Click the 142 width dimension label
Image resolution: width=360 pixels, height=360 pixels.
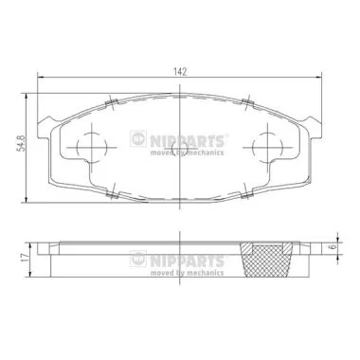[180, 72]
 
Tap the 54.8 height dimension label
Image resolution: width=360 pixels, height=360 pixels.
[21, 143]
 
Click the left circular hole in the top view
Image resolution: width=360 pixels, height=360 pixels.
[77, 148]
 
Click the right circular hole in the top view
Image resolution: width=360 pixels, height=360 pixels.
[253, 148]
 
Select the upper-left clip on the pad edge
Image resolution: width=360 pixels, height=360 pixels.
[111, 102]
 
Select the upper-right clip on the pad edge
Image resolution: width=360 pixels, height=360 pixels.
[247, 102]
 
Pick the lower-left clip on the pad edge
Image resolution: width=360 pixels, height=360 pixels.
[112, 194]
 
